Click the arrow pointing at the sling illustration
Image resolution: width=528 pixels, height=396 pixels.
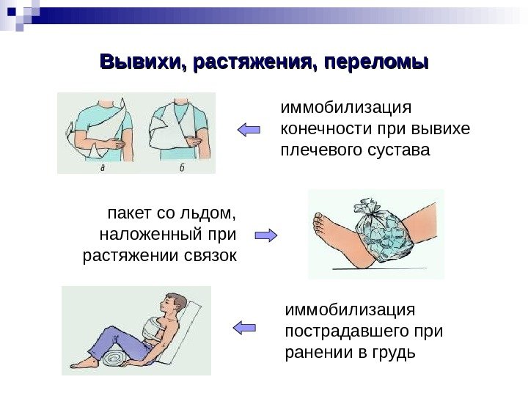(x=249, y=130)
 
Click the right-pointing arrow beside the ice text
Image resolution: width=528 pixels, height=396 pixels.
(x=265, y=235)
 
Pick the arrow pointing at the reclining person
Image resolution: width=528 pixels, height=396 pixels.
(x=243, y=327)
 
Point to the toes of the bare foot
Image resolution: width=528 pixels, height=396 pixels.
(x=320, y=218)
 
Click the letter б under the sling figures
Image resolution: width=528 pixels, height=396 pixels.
(x=180, y=168)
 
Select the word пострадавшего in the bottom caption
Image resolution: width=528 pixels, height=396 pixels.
(x=335, y=331)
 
